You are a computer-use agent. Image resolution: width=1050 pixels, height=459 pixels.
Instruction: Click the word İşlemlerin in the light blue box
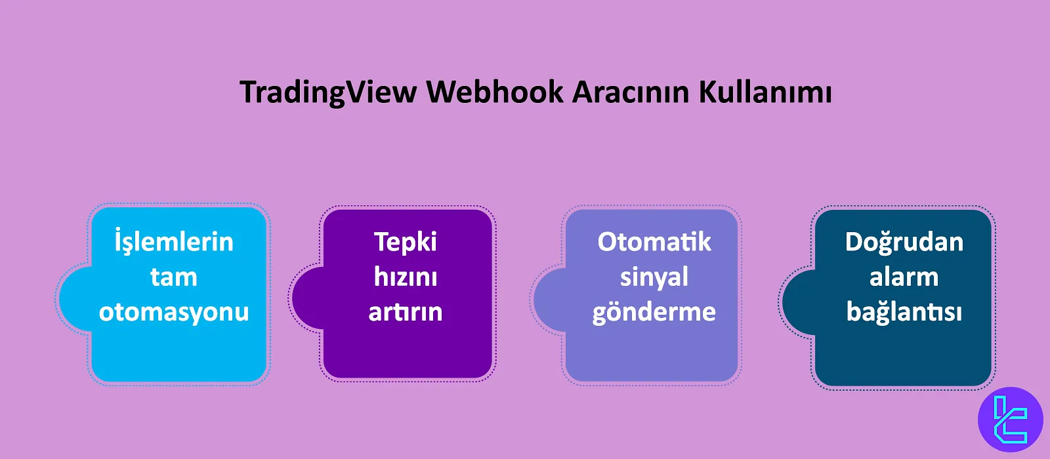pos(174,242)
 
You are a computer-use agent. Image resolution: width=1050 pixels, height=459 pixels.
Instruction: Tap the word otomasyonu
pos(174,312)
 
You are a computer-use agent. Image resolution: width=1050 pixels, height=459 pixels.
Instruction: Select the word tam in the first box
pos(174,277)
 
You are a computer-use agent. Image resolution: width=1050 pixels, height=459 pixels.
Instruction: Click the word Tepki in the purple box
pos(406,242)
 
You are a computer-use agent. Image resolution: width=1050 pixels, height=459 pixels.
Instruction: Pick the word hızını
pos(406,277)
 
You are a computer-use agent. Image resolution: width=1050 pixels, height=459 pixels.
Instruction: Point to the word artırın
pos(406,312)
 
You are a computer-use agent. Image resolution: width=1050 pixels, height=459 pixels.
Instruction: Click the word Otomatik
pos(654,242)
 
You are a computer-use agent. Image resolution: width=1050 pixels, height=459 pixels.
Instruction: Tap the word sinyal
pos(654,277)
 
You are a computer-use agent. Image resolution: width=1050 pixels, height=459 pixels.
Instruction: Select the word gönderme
pos(654,312)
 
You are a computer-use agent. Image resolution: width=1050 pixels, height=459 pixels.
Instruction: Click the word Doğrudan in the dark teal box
pos(904,242)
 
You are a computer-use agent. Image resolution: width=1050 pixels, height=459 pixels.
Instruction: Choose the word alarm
pos(904,277)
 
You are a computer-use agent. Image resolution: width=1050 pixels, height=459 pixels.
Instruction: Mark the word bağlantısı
pos(904,312)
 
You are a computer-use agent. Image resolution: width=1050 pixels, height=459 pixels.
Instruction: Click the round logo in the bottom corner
pos(1010,420)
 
